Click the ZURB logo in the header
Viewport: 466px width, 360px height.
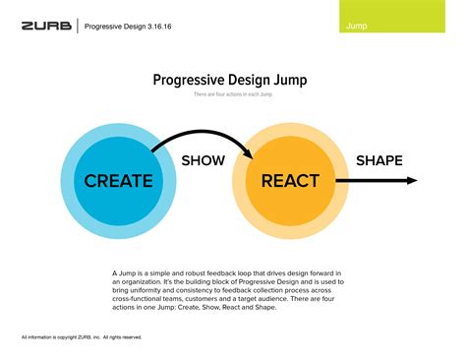point(46,26)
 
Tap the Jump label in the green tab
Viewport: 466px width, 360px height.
point(358,25)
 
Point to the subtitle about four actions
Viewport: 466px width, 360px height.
point(233,94)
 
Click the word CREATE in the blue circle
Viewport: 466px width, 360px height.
point(118,181)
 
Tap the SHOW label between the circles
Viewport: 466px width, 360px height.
point(204,159)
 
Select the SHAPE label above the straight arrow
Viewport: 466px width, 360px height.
point(379,159)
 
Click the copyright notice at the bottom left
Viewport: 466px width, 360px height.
point(82,337)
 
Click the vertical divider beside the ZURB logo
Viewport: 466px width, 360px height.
point(77,26)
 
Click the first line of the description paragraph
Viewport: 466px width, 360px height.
point(232,271)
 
